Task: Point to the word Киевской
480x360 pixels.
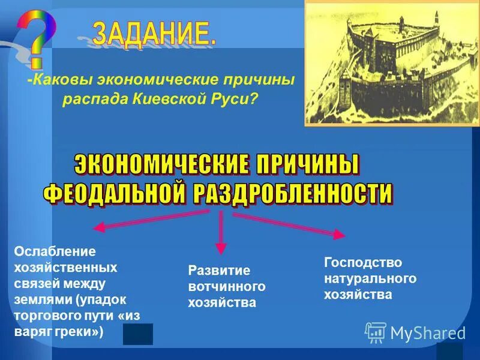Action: tap(166, 98)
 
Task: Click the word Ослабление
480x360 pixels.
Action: tap(46, 251)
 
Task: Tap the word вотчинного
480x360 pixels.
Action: tap(227, 287)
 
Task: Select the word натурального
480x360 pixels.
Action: tap(370, 278)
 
